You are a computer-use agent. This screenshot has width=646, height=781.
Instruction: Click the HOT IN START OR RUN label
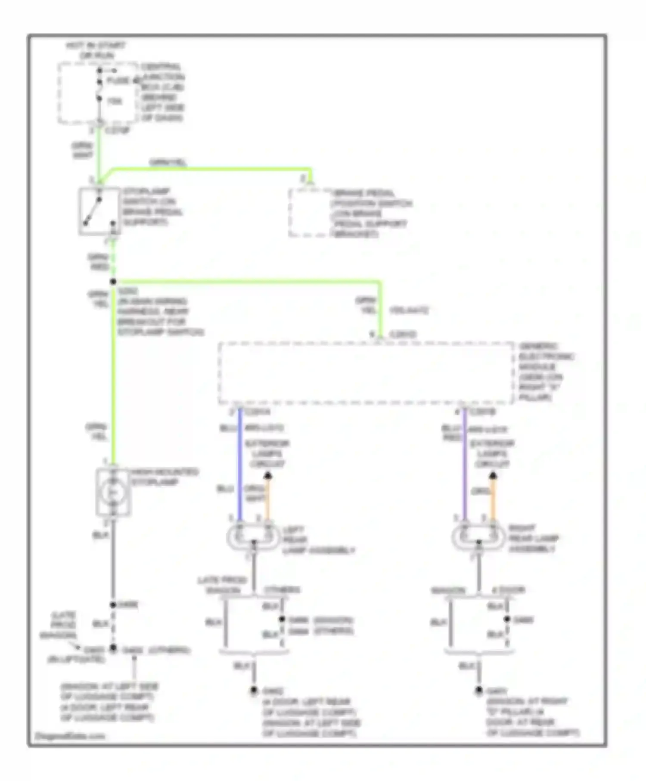(x=96, y=50)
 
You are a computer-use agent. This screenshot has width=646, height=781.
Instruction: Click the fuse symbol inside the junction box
(x=99, y=90)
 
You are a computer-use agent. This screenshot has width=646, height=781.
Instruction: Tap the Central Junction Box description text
(x=162, y=92)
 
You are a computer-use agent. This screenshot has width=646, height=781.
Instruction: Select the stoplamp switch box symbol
(x=99, y=211)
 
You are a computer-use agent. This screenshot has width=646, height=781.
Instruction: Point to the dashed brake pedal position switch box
(x=309, y=213)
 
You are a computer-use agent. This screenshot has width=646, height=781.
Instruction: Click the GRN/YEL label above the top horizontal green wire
(x=168, y=162)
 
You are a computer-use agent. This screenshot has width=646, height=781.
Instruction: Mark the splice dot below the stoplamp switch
(x=113, y=282)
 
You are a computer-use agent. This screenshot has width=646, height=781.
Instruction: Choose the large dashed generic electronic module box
(x=366, y=373)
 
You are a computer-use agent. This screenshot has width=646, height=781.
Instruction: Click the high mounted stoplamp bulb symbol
(x=113, y=493)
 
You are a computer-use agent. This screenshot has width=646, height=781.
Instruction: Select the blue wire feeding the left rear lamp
(x=240, y=465)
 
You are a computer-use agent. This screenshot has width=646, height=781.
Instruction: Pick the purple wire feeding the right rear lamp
(x=465, y=465)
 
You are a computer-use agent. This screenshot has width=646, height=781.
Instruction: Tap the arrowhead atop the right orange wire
(x=493, y=476)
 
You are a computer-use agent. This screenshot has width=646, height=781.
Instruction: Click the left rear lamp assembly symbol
(x=253, y=537)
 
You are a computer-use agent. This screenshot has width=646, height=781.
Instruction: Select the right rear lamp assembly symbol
(x=478, y=537)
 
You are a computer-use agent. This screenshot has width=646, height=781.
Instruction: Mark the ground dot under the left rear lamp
(x=254, y=691)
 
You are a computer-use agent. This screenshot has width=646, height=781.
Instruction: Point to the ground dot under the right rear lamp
(x=478, y=691)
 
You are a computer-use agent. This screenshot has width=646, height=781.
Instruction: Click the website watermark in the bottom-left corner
(x=70, y=736)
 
